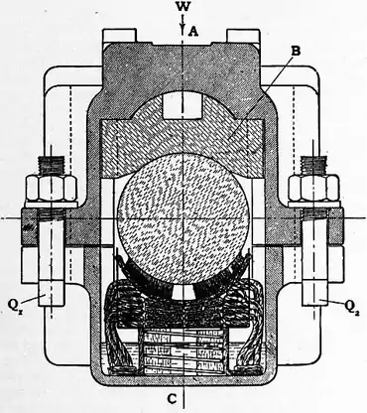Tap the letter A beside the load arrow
[194, 30]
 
